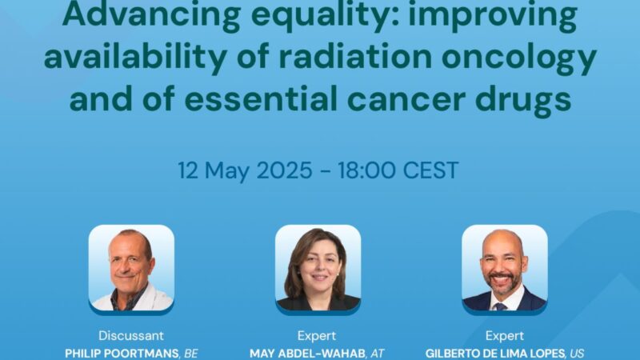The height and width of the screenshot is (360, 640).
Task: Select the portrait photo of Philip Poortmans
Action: pos(131,268)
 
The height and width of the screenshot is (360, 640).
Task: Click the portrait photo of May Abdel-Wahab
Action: pos(318,268)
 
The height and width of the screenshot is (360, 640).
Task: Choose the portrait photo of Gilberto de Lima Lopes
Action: pos(505,268)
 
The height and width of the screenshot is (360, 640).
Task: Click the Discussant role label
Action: pos(131,336)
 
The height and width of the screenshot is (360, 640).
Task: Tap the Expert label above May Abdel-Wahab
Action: pos(318,336)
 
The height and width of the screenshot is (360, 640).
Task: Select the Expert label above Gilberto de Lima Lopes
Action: pos(505,336)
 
